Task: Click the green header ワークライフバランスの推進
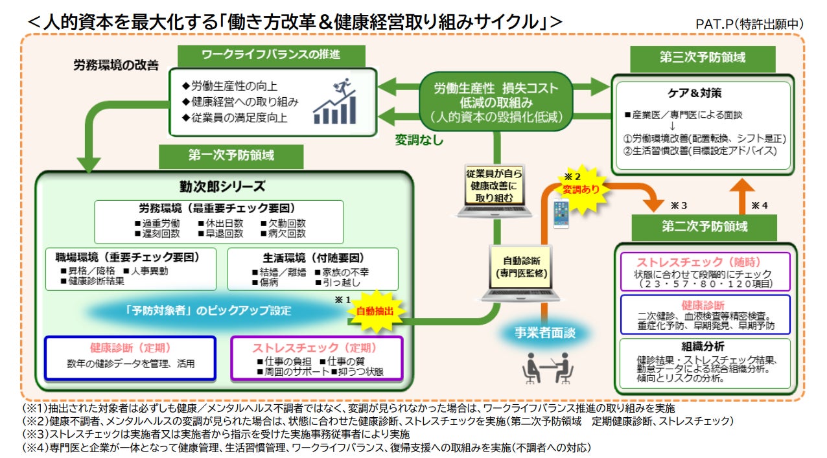pyautogui.click(x=270, y=56)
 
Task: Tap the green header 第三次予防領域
pyautogui.click(x=703, y=57)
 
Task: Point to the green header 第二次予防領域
pyautogui.click(x=704, y=227)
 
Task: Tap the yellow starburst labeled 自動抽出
pyautogui.click(x=375, y=311)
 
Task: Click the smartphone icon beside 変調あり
pyautogui.click(x=561, y=214)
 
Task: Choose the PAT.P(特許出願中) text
pyautogui.click(x=749, y=24)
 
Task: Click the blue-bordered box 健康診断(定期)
pyautogui.click(x=130, y=356)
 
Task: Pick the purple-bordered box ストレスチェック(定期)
pyautogui.click(x=318, y=357)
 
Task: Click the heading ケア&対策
pyautogui.click(x=703, y=93)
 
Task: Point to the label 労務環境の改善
pyautogui.click(x=116, y=66)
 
